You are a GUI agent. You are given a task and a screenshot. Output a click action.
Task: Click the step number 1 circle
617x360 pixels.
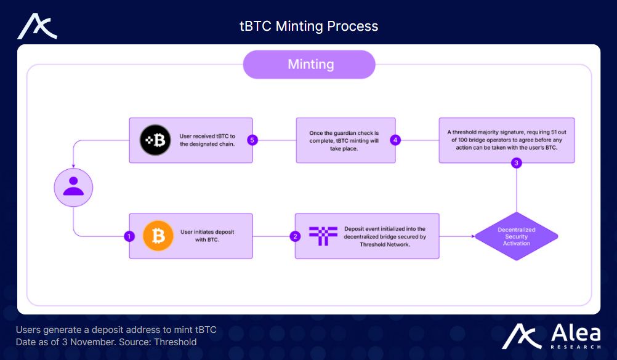(x=129, y=236)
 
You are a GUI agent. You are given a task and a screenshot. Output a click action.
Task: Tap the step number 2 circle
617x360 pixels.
(x=295, y=236)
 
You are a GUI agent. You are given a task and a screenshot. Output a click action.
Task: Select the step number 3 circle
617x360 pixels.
(x=516, y=163)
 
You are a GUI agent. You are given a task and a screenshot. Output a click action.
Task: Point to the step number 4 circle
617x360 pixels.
(x=395, y=140)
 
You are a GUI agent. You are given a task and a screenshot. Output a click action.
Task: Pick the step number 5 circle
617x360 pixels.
(x=252, y=140)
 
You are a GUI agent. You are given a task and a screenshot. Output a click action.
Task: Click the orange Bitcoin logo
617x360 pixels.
(x=158, y=236)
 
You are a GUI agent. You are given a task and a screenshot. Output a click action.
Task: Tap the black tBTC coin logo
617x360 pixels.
(x=155, y=140)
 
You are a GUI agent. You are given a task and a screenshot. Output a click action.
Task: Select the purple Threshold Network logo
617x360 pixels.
(x=323, y=236)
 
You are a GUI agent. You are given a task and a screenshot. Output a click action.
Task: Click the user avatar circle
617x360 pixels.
(x=73, y=187)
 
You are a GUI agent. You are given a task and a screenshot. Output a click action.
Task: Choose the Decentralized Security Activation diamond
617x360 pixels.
(x=516, y=236)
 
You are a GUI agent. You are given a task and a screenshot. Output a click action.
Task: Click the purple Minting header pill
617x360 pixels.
(x=309, y=65)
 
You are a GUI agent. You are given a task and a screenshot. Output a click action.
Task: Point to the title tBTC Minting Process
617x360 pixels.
(x=309, y=26)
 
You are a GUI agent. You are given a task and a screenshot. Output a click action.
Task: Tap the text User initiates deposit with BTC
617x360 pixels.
(x=208, y=236)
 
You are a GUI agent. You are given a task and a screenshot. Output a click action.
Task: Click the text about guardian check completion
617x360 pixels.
(x=344, y=141)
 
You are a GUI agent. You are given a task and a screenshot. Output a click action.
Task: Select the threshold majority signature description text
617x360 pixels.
(x=507, y=140)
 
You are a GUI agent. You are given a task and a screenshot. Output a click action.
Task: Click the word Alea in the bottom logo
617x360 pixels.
(x=576, y=334)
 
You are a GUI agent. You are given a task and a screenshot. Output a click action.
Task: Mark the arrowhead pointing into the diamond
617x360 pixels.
(x=473, y=236)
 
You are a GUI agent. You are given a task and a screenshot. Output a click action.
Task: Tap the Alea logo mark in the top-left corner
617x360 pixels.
(x=38, y=26)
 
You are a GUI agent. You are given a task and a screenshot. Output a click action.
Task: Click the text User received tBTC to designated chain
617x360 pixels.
(x=208, y=140)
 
